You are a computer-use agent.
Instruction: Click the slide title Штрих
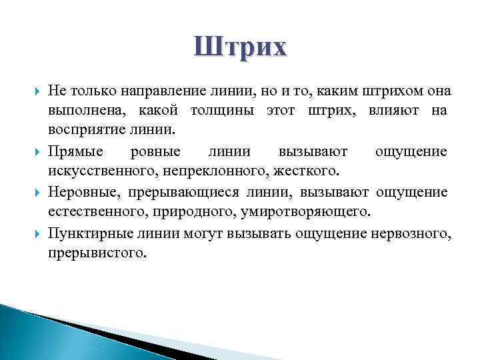(241, 48)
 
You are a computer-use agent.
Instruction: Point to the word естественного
(89, 213)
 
